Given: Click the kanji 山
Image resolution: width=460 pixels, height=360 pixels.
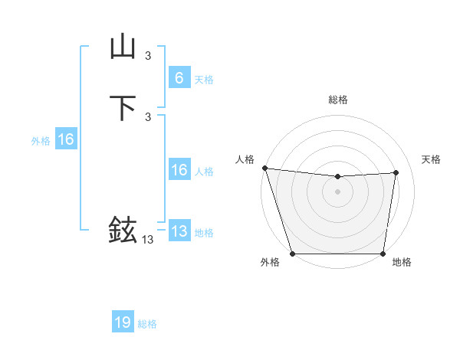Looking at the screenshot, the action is [123, 47].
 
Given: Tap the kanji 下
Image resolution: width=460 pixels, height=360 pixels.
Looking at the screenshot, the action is [123, 108].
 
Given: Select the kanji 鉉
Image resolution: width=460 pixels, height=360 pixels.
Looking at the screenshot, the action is [123, 230].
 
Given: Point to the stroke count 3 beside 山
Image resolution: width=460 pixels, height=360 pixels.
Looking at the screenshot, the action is [147, 55].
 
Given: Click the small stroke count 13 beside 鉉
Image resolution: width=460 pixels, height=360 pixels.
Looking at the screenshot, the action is [147, 240].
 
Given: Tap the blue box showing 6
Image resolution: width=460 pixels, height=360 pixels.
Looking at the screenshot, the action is [179, 77].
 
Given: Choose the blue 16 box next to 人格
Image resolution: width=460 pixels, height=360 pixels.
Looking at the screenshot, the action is [179, 170].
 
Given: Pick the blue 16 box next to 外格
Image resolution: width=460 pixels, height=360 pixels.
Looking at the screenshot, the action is [65, 139].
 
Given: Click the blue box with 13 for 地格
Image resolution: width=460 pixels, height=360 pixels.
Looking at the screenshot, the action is [179, 231].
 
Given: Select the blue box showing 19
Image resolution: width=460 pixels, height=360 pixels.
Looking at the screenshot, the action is [123, 322].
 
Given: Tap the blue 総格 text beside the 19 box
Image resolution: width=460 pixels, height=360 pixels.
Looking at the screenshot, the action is [147, 324].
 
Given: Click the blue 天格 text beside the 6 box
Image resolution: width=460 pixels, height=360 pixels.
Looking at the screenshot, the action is [204, 79].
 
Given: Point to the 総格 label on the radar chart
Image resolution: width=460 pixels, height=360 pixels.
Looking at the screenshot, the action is [337, 100].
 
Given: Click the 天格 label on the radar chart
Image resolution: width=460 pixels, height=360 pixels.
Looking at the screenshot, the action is [431, 159].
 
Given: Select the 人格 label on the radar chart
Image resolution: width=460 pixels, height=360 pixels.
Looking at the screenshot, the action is [245, 159].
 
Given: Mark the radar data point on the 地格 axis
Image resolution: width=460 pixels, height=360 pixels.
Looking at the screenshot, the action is [383, 254].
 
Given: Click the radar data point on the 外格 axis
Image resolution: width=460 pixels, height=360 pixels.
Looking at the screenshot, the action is [292, 254].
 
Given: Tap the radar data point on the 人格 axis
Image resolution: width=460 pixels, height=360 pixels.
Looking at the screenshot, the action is [264, 168].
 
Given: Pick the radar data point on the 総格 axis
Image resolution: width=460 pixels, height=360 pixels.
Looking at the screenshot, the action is [337, 177].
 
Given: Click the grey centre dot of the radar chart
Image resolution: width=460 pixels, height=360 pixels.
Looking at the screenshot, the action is [337, 191].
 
